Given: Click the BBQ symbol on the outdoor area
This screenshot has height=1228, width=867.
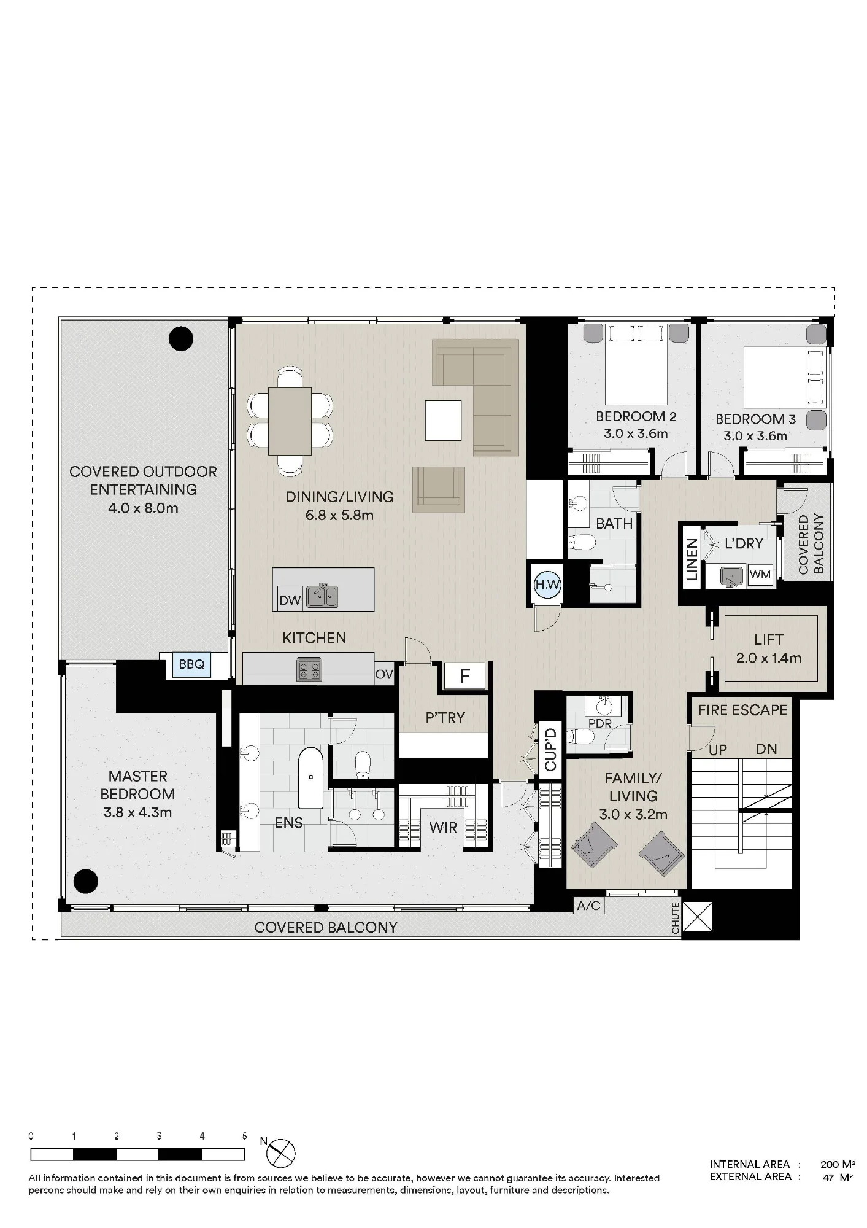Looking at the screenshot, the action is tap(191, 665).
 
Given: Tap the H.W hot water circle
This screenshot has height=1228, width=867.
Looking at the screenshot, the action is tap(547, 585).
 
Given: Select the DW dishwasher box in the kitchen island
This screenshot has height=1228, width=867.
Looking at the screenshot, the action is tap(290, 600).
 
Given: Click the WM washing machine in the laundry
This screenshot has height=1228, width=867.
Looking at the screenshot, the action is tap(760, 575).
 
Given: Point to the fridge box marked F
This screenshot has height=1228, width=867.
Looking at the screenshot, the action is tap(464, 677).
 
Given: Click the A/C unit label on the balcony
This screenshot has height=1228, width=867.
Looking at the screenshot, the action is tap(588, 906).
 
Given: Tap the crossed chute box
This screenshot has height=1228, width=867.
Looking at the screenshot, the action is tap(698, 917).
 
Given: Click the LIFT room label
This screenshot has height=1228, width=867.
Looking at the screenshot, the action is tap(769, 640).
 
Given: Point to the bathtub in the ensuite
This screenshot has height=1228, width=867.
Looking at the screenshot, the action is tap(311, 778).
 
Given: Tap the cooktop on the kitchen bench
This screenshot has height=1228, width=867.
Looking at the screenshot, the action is tap(309, 669).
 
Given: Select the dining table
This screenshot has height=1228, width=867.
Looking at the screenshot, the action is tap(290, 421).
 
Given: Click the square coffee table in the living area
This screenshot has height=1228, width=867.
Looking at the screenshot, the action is tap(443, 420).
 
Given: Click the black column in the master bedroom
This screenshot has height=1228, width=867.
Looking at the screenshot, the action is tap(85, 882).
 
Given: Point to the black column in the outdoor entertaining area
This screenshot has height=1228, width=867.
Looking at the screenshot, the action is tap(181, 338).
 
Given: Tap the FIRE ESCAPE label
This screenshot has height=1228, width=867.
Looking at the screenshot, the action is tap(742, 710).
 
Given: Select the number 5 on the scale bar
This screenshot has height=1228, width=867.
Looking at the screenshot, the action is tap(244, 1136).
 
